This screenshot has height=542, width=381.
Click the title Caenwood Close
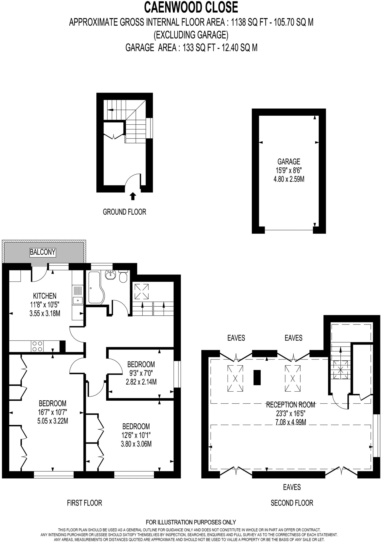point(191,7)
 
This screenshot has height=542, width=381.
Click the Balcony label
point(43,252)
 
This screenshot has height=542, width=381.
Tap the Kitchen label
point(44,296)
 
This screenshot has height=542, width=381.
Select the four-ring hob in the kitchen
point(37,346)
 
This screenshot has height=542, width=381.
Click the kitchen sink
point(77,300)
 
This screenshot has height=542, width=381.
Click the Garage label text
point(289,161)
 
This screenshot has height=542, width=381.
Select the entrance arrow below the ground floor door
point(133,196)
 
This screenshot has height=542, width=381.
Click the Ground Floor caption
point(124,212)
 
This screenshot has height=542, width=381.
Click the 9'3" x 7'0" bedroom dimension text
point(141,373)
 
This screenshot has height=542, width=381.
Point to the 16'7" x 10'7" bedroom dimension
point(53,412)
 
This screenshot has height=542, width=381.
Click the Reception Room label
point(290,405)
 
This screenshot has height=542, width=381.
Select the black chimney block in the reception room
point(257,378)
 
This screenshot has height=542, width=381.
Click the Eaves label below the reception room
point(292,487)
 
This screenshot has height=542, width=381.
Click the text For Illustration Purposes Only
point(191,522)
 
